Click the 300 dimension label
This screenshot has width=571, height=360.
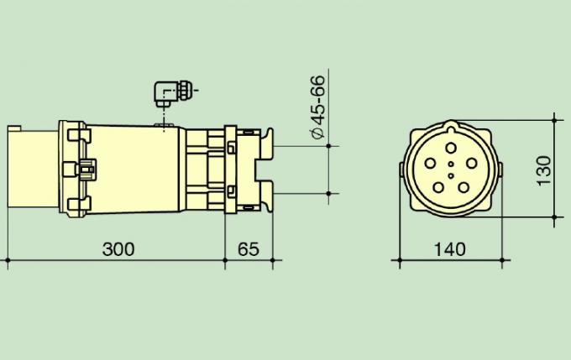pyautogui.click(x=118, y=249)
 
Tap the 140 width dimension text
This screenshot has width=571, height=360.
pyautogui.click(x=452, y=249)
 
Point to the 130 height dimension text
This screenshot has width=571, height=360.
pyautogui.click(x=544, y=170)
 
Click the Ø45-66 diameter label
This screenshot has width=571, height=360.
pyautogui.click(x=317, y=110)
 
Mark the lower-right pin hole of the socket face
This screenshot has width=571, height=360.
pyautogui.click(x=467, y=186)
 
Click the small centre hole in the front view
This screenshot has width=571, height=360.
pyautogui.click(x=452, y=165)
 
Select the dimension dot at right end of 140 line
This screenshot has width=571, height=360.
pyautogui.click(x=504, y=262)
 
